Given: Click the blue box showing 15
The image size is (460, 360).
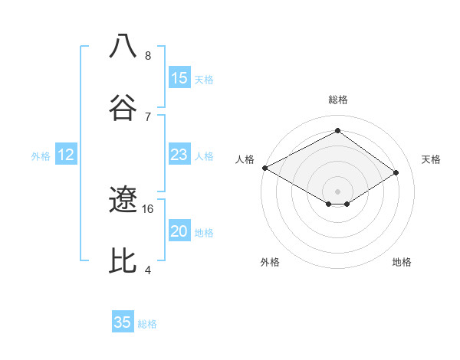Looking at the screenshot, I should point(179,78).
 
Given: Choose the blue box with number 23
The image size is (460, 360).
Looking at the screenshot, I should point(179,155).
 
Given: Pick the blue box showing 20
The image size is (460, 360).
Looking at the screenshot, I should point(179,232).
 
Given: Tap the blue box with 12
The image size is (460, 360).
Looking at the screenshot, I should point(66,155).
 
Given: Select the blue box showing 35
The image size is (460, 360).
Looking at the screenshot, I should point(123,322).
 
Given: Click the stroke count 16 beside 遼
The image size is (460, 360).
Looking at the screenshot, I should point(148,208).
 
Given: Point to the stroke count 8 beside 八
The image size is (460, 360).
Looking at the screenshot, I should point(148,55).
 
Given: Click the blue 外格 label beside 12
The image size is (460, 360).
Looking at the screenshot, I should point(41,156).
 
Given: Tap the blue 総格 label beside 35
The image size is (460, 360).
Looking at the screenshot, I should point(147,323).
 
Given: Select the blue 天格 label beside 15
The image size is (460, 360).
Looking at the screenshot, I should point(204,79).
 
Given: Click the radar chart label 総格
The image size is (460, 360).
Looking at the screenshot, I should point(338,100).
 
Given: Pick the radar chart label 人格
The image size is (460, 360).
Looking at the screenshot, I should point(245,159).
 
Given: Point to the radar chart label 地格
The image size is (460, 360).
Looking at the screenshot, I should point(402,262).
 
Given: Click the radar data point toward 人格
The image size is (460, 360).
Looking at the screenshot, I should point(264,168).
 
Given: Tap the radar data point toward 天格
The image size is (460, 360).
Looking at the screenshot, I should point(396,173).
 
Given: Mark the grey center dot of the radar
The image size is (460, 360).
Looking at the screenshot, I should point(338,191).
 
